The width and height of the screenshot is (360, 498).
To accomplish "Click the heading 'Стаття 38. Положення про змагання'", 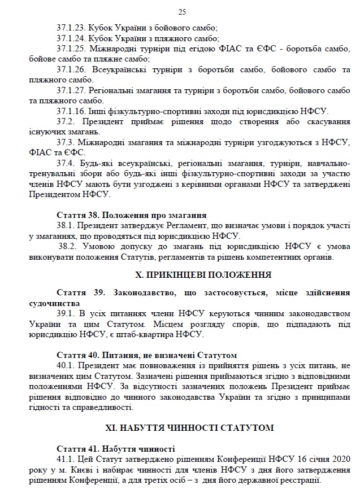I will point(132,215).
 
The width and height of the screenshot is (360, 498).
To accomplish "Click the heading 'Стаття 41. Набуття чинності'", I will point(116,449).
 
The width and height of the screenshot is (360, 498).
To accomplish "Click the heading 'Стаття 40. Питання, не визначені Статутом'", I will point(146,355).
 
